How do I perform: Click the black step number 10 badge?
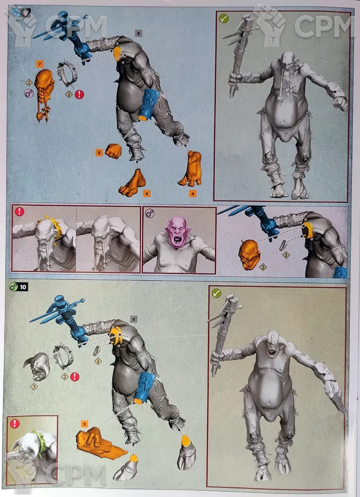pyautogui.click(x=23, y=287)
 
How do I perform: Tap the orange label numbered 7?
pyautogui.click(x=40, y=64)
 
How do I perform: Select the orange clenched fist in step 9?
pyautogui.click(x=114, y=151)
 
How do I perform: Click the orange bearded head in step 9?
pyautogui.click(x=44, y=93)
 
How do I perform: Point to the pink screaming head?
pyautogui.click(x=176, y=232)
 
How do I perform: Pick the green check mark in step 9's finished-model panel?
pyautogui.click(x=224, y=19)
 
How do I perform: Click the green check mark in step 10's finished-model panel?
pyautogui.click(x=216, y=293)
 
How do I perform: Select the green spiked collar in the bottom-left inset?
pyautogui.click(x=40, y=441)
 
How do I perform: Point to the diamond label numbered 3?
pyautogui.click(x=34, y=387)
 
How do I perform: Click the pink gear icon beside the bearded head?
pyautogui.click(x=29, y=93)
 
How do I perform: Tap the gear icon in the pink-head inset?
pyautogui.click(x=150, y=213)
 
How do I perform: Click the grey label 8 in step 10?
pyautogui.click(x=133, y=319)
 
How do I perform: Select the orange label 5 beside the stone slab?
pyautogui.click(x=84, y=424)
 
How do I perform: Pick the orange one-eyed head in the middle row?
pyautogui.click(x=249, y=254)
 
